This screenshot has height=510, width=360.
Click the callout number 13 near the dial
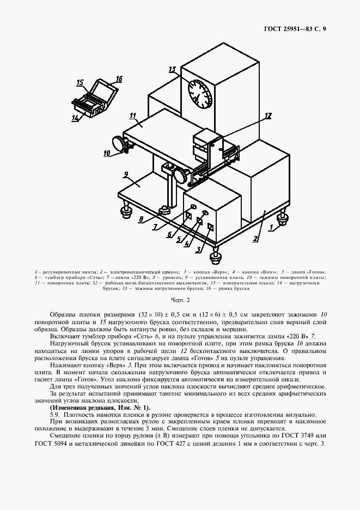pos(173,70)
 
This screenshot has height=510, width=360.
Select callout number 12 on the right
pos(267,116)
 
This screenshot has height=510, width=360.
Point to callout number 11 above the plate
pos(132,116)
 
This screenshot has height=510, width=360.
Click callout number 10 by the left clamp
pos(107,154)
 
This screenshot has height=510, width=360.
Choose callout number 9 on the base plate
pos(125,175)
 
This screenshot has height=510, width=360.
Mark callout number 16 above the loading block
pos(119,79)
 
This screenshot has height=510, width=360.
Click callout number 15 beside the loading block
pos(81,83)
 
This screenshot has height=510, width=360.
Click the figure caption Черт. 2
pos(180,300)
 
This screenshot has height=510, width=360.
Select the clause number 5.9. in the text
pos(56,415)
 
